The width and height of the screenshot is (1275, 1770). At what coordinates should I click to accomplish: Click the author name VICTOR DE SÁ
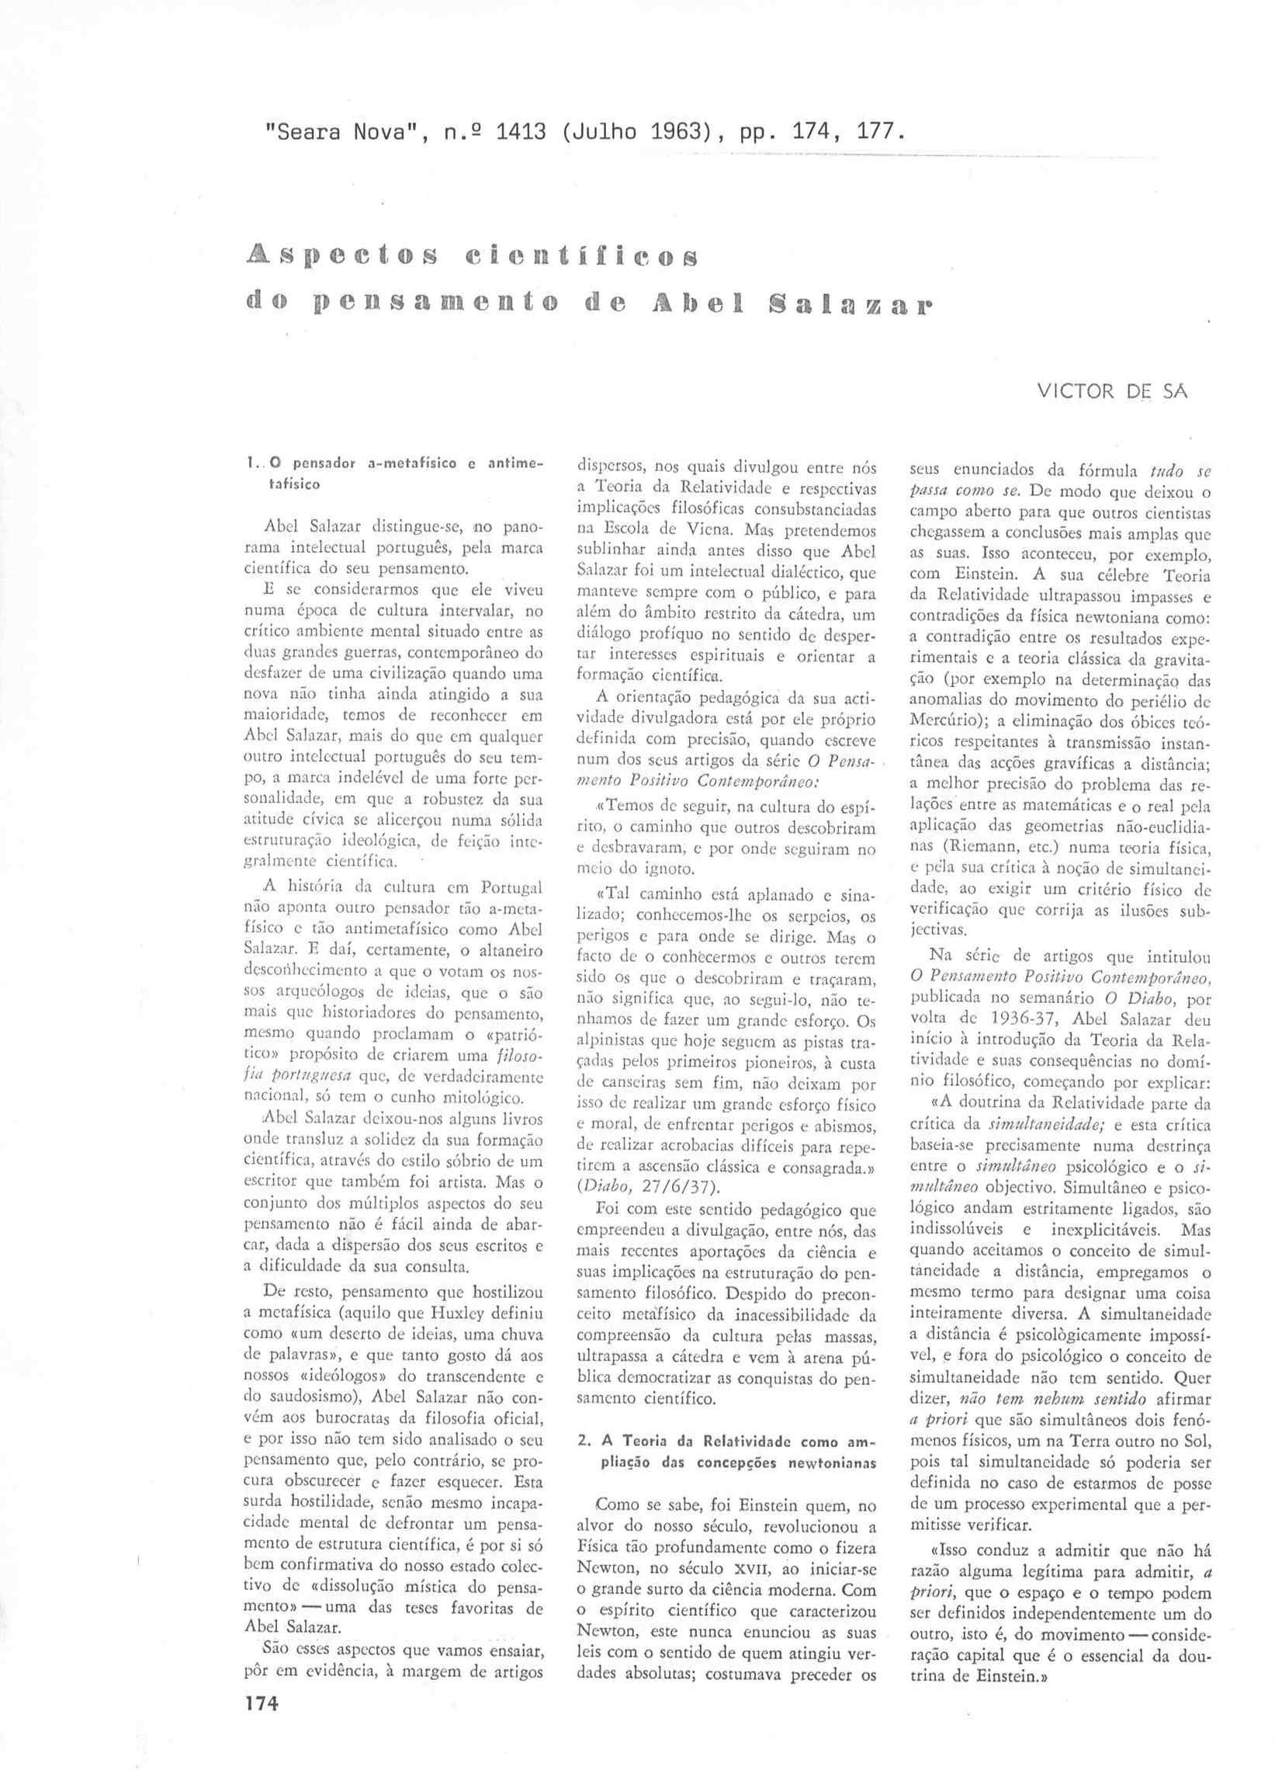click(x=1112, y=391)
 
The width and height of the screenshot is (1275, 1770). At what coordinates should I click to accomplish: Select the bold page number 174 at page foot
click(x=262, y=1703)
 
